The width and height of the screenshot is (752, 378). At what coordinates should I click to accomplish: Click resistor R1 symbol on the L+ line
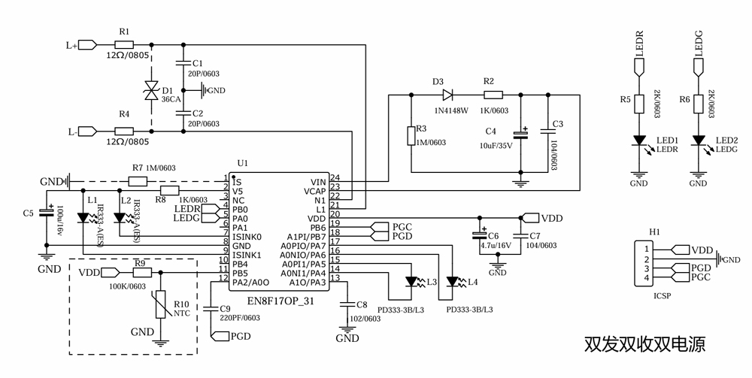point(123,45)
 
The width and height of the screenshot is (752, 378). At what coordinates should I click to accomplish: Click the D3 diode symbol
point(447,95)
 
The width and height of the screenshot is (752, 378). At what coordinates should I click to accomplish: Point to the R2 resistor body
point(493,95)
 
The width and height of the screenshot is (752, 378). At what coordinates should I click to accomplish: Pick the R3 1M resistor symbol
point(409,135)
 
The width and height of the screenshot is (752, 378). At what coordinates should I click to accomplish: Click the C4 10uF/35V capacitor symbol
point(520,135)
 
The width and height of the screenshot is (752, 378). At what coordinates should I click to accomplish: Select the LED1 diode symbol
point(639,141)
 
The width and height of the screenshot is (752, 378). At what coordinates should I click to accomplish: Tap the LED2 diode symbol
point(699,141)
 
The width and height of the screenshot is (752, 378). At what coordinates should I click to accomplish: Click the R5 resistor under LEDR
point(639,103)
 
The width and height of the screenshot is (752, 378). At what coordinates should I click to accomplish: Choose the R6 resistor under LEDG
point(699,103)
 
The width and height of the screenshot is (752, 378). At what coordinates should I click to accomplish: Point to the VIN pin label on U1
point(318,182)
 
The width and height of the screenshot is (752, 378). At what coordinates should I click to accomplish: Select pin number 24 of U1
point(335,178)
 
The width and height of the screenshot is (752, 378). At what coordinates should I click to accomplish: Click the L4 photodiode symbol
point(453,283)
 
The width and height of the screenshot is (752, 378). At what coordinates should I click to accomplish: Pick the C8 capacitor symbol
point(346,305)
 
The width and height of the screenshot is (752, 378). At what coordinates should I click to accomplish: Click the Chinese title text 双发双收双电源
point(644,345)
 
